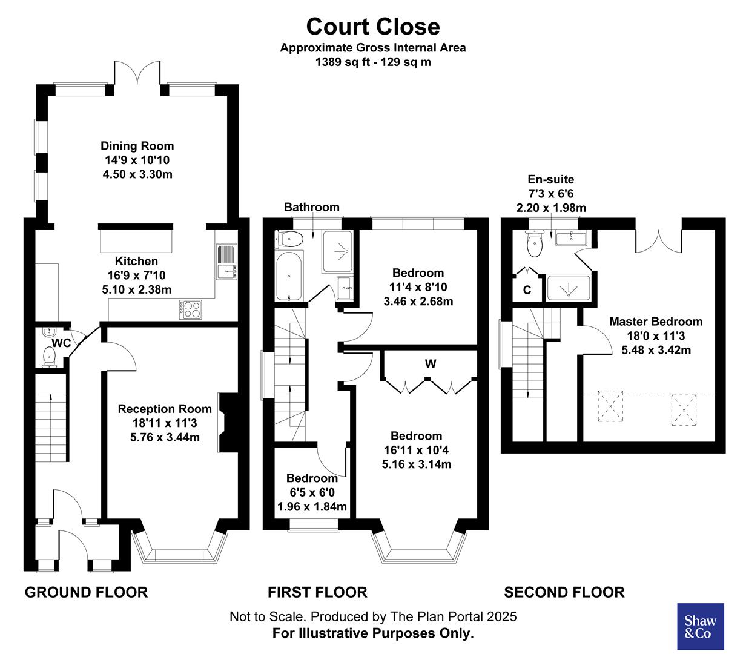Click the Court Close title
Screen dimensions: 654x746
(372, 27)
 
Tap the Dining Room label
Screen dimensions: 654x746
(137, 146)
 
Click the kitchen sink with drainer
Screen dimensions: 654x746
(226, 262)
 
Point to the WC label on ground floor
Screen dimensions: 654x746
(61, 343)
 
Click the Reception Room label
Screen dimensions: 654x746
(165, 409)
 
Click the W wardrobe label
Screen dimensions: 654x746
(430, 364)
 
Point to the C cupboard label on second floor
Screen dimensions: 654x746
(527, 290)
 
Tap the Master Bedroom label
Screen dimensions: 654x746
(656, 322)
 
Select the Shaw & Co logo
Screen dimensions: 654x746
(700, 627)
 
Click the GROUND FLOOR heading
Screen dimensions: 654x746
(86, 592)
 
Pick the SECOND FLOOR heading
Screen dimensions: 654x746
(564, 592)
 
